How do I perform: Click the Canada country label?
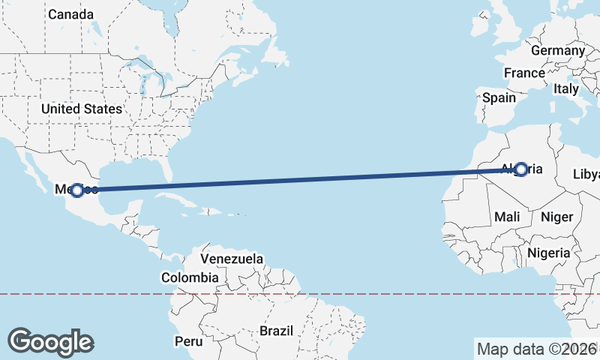pos(71,14)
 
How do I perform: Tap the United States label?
pos(81,109)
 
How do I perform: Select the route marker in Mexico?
pos(76,190)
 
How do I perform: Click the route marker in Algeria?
pos(520,169)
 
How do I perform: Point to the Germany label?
pos(557,51)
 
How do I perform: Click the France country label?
pos(524,73)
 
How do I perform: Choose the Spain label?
pos(499,97)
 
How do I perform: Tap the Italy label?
pos(566,88)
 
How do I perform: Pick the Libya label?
pos(586,175)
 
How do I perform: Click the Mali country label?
pos(508,217)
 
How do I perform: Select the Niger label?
pos(556,217)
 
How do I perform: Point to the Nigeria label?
pos(548,253)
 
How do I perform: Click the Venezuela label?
pos(232,259)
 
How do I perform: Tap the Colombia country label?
pos(190,277)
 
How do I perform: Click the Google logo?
pos(50,341)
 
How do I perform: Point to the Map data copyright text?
pos(536,349)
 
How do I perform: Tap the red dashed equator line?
pos(375,294)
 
